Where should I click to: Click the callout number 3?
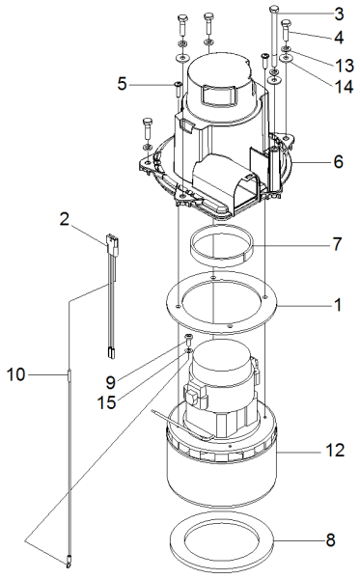pos(339,14)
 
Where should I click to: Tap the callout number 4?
pos(339,38)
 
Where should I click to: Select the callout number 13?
pos(345,66)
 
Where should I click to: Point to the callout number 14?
pos(345,87)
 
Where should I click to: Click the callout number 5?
pos(122,84)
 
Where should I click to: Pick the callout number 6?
pos(339,162)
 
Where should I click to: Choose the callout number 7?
pos(338,244)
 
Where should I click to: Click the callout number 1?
pos(338,305)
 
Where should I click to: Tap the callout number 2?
pos(65,220)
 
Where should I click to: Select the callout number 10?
pos(16,375)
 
